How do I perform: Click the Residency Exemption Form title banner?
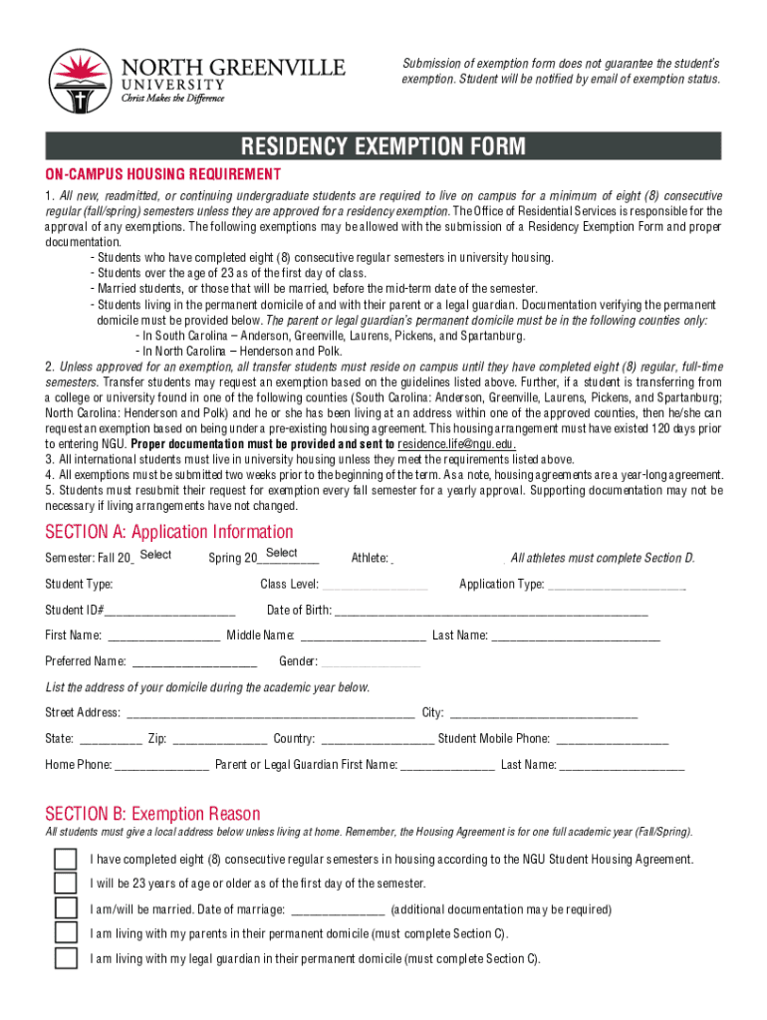(383, 147)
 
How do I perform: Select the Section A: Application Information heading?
(169, 532)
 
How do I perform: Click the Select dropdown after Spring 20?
(283, 555)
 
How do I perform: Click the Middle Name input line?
(364, 636)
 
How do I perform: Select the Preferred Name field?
(194, 661)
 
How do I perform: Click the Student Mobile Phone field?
(613, 739)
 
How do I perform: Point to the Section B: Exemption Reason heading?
(152, 814)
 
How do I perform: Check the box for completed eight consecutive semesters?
(65, 859)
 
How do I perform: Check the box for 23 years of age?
(65, 884)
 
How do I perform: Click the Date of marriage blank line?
(338, 909)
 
